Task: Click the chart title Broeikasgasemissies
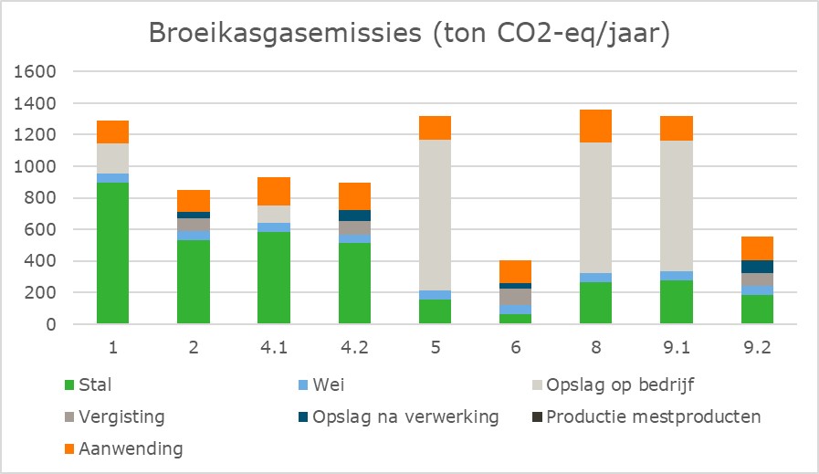285,33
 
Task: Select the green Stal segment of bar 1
113,253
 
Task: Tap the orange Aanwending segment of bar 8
595,126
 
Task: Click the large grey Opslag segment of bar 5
435,215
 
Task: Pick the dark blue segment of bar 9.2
757,267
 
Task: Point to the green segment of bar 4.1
274,278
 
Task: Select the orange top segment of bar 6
515,272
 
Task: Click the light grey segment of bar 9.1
677,205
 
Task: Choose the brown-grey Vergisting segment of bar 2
194,224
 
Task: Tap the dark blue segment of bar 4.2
354,216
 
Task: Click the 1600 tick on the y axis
35,71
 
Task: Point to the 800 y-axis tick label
40,198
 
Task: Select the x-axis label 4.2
354,348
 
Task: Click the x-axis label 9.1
677,348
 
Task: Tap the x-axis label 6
516,348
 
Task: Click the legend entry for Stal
88,385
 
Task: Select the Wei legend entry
321,385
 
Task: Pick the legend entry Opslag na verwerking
398,417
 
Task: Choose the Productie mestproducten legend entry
646,417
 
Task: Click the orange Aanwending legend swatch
69,449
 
